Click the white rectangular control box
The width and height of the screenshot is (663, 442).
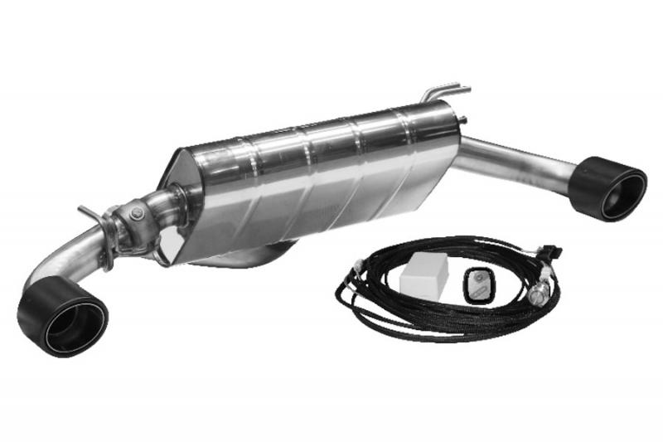tap(423, 275)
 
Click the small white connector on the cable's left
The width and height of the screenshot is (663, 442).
tap(355, 268)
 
